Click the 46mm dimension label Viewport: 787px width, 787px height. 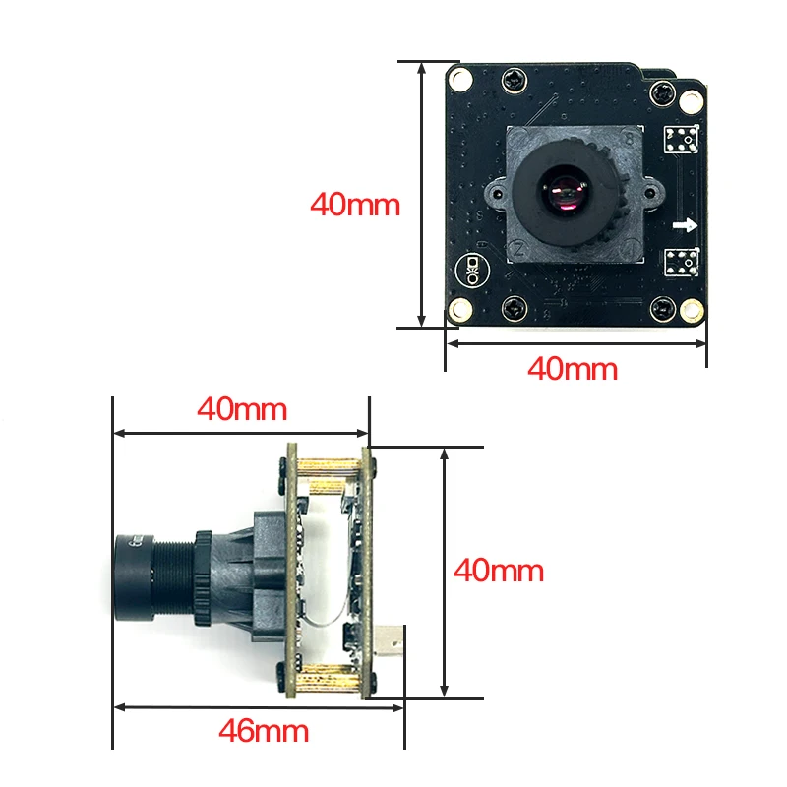[264, 731]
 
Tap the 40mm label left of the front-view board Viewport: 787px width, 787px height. [355, 205]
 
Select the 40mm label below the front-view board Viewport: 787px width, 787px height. [573, 369]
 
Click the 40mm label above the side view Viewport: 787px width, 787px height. [242, 409]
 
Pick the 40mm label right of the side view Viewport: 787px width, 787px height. [499, 571]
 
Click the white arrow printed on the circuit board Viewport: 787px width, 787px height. [685, 225]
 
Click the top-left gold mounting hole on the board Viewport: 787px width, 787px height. [460, 79]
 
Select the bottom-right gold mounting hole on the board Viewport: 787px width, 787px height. [692, 311]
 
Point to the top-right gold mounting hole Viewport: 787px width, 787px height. [692, 101]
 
